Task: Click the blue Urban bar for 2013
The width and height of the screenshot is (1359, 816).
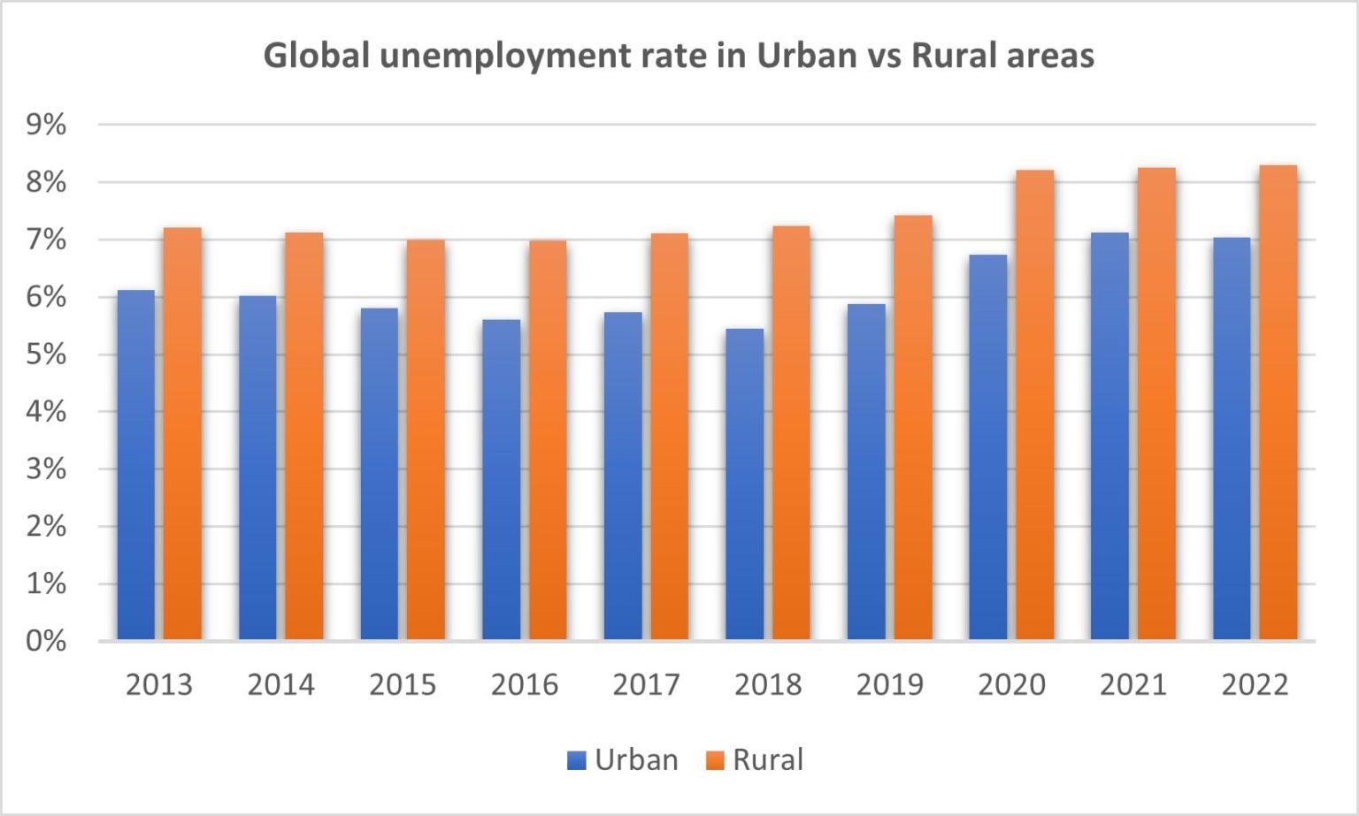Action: (x=135, y=465)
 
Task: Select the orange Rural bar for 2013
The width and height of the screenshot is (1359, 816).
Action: (x=182, y=434)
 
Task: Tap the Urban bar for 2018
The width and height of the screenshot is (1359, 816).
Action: (x=744, y=484)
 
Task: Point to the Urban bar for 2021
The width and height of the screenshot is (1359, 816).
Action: (x=1109, y=437)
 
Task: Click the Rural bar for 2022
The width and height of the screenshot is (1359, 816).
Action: (x=1278, y=403)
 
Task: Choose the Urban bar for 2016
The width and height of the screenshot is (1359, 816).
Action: (x=501, y=480)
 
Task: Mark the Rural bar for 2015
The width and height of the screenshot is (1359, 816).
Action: (x=426, y=439)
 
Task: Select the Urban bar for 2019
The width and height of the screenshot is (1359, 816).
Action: (x=866, y=472)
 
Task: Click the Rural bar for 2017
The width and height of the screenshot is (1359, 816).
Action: (x=670, y=437)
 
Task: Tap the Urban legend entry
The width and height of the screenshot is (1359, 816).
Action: (x=623, y=759)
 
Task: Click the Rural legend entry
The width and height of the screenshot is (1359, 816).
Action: (x=755, y=759)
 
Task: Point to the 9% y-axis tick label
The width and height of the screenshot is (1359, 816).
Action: (x=46, y=125)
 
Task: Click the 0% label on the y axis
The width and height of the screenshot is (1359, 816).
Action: (x=46, y=641)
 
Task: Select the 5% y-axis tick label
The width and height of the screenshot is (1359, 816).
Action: (x=46, y=355)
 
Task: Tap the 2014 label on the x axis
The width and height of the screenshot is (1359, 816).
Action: (x=280, y=684)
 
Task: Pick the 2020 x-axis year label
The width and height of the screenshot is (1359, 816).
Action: (x=1011, y=684)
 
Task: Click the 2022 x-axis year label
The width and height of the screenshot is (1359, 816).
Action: (x=1255, y=684)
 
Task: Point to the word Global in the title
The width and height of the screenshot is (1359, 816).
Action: (x=317, y=56)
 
